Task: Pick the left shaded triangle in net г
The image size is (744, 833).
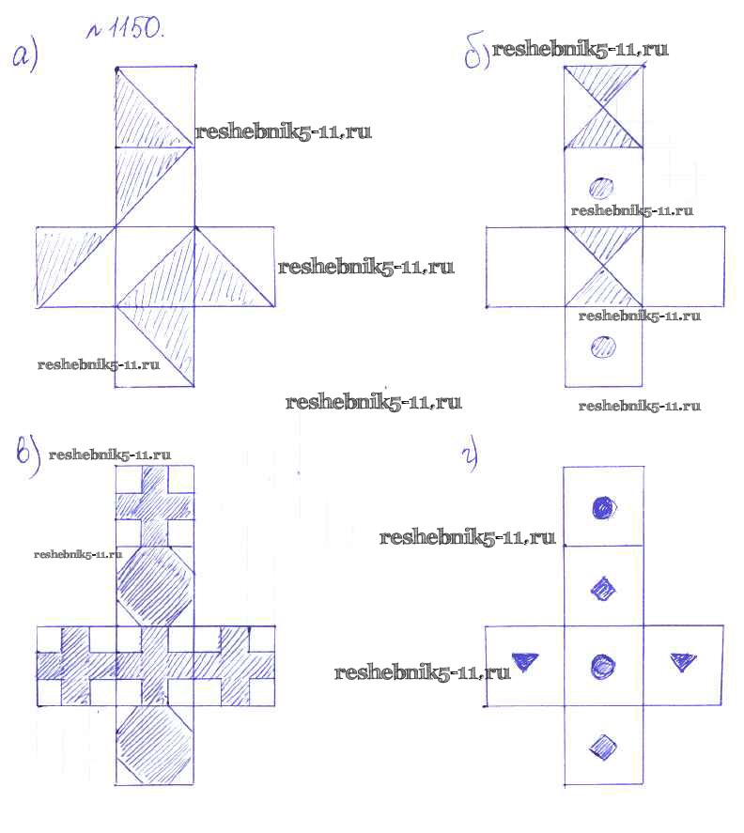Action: click(x=524, y=662)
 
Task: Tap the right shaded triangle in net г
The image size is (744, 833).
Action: click(x=683, y=661)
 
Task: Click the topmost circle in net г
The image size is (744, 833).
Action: click(x=603, y=508)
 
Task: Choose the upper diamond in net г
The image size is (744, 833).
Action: click(x=603, y=590)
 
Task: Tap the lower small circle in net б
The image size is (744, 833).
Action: click(x=603, y=347)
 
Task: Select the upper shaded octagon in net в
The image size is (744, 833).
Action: click(x=154, y=585)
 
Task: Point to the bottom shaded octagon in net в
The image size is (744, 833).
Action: click(x=154, y=744)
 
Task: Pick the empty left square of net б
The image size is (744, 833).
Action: click(x=525, y=267)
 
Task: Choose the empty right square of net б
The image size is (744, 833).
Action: click(x=683, y=267)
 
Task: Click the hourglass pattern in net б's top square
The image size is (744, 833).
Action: click(x=603, y=108)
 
